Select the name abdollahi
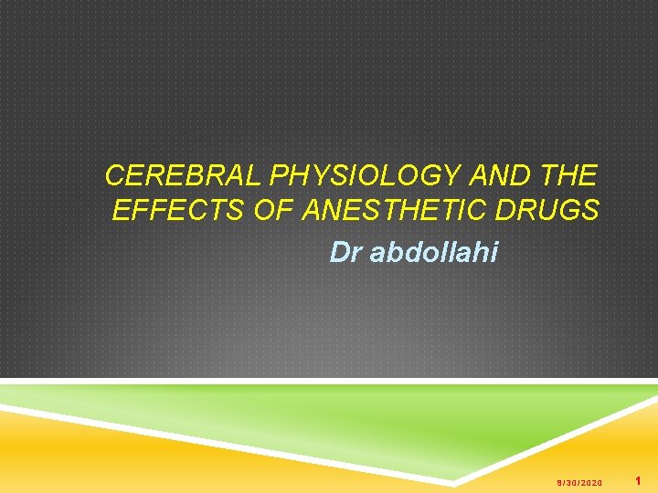[434, 252]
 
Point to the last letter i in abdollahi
[494, 252]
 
